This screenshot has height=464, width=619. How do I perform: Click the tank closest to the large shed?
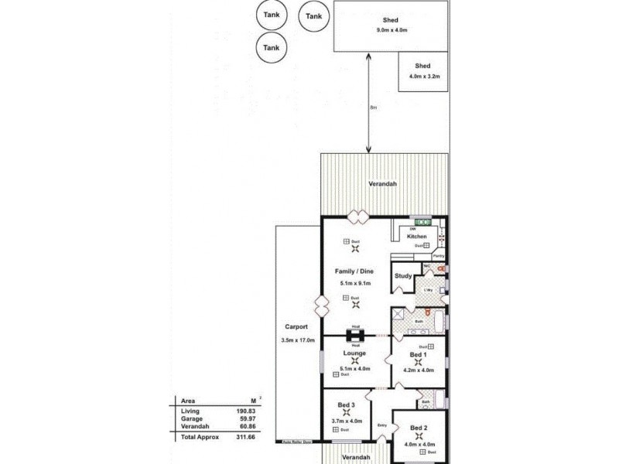point(313,16)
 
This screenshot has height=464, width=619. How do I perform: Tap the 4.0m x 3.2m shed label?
point(422,77)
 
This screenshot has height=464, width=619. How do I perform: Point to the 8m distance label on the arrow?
point(373,107)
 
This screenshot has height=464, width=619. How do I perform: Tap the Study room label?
point(402,276)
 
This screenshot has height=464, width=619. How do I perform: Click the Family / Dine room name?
point(354,272)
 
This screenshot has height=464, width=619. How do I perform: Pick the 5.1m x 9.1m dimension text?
point(354,284)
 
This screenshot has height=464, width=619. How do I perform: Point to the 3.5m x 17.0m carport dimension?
point(297,340)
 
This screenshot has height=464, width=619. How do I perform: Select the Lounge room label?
point(354,353)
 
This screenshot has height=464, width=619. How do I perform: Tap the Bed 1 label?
point(418,353)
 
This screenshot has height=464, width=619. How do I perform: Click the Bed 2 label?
point(419,428)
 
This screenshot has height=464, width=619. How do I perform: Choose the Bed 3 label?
point(346,405)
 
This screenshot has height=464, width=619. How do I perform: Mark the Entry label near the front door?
point(381,425)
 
